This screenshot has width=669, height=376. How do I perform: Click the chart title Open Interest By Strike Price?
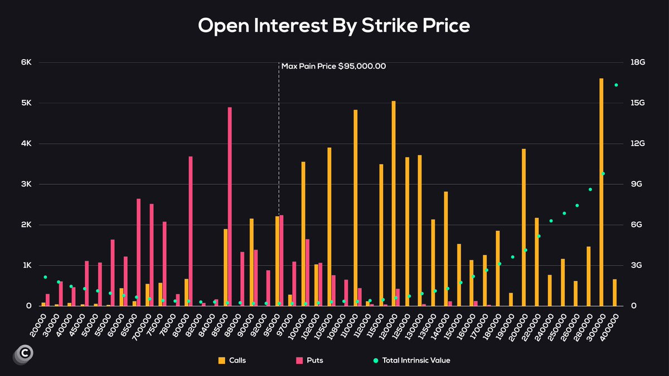[x=334, y=26]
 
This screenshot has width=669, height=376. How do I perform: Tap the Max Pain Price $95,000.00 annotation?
[x=333, y=66]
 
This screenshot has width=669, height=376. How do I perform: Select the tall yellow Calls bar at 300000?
[x=602, y=192]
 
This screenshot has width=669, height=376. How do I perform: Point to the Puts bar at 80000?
[x=191, y=231]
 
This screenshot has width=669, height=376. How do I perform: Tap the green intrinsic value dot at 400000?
[x=616, y=85]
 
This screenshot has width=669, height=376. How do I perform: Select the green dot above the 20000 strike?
[x=45, y=277]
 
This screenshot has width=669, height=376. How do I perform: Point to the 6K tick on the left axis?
[x=26, y=62]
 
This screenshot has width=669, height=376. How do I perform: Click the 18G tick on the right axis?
[x=638, y=62]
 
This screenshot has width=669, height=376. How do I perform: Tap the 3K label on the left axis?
[x=26, y=184]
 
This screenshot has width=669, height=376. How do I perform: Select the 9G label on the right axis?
[x=638, y=184]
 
